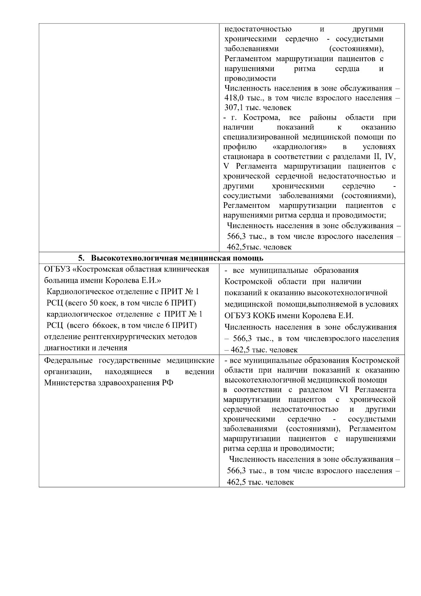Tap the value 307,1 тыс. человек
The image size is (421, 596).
[x=258, y=108]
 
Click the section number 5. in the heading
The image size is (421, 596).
[x=81, y=258]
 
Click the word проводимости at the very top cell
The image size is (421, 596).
[x=250, y=78]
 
